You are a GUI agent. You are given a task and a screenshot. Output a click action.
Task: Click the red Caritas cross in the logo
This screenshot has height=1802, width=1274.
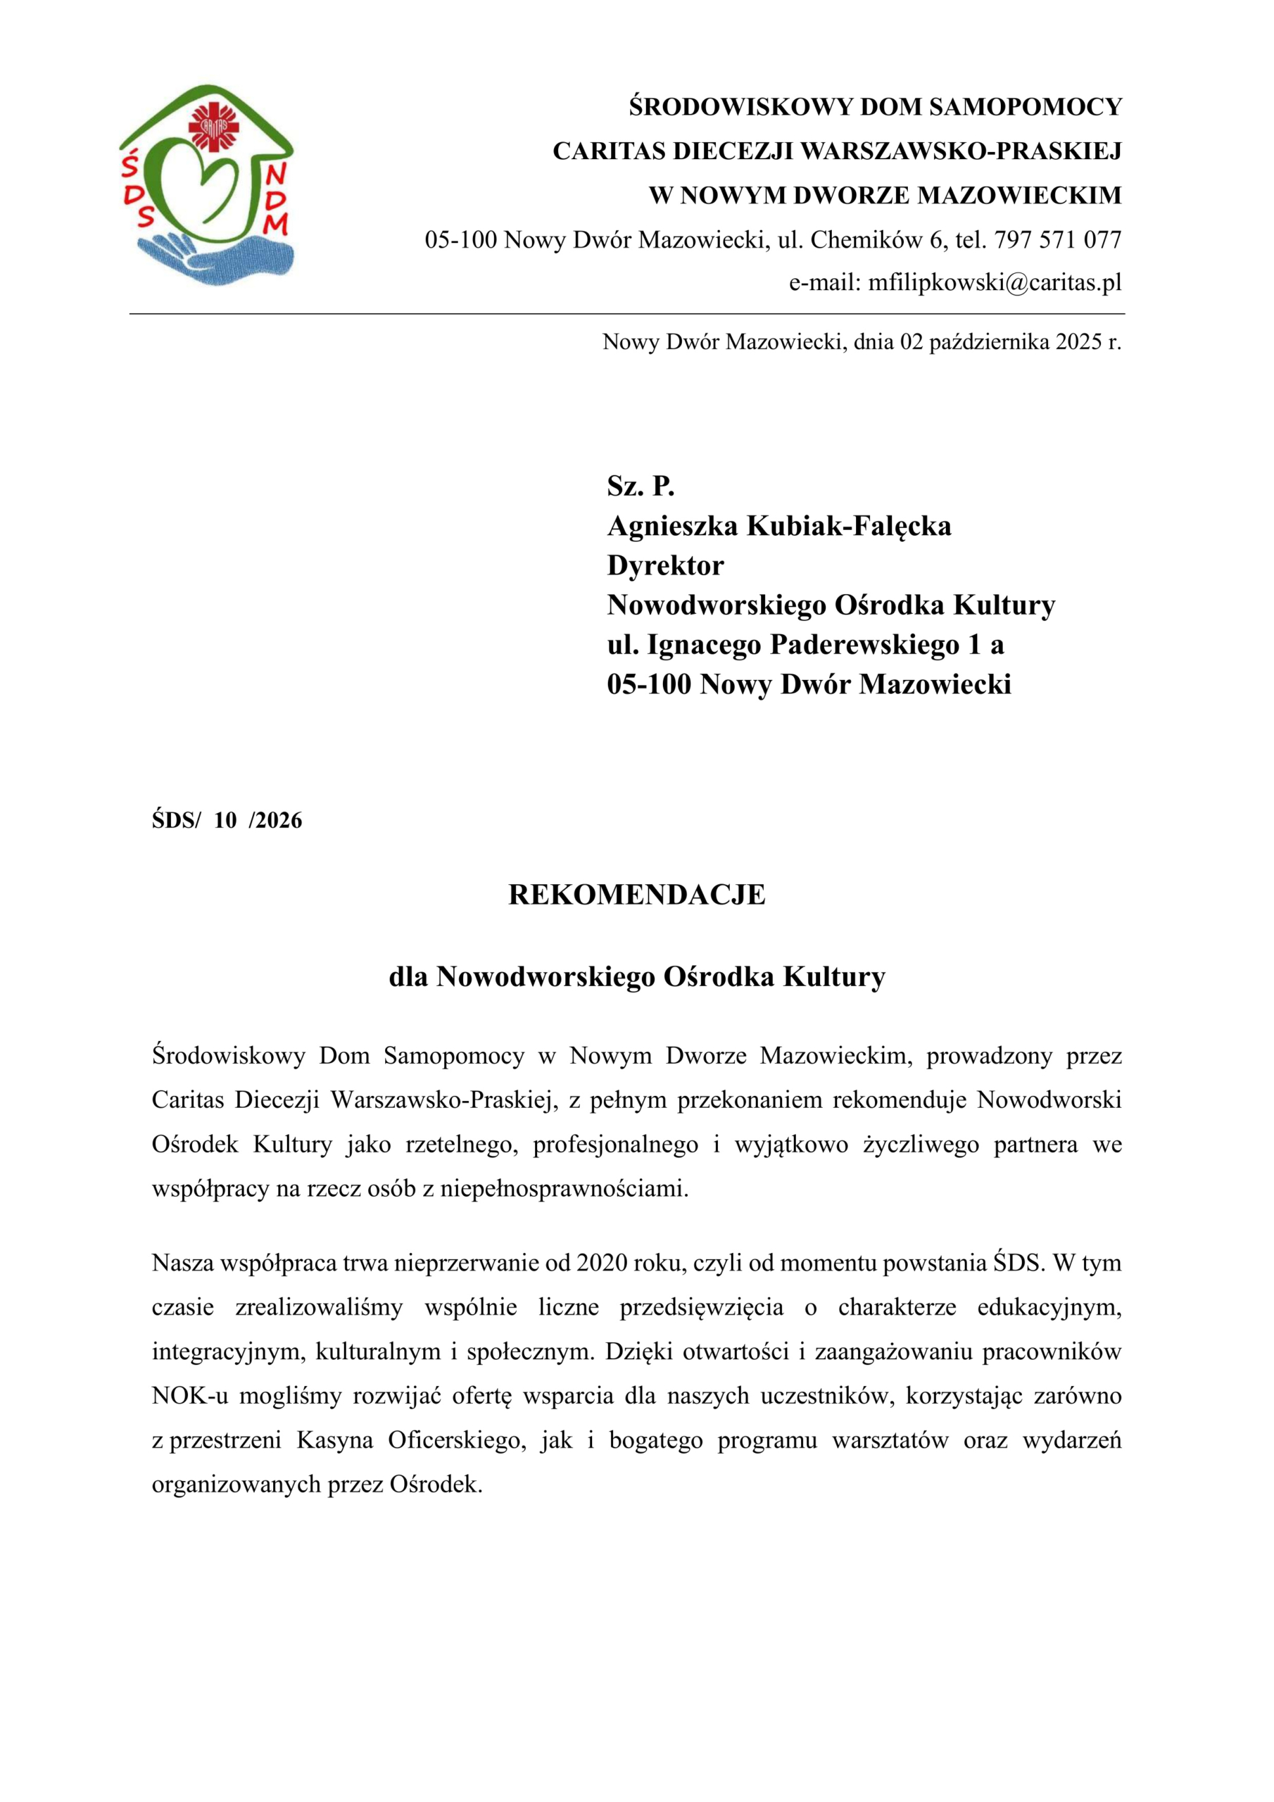point(208,125)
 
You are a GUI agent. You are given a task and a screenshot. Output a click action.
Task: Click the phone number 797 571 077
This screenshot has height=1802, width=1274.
point(1057,239)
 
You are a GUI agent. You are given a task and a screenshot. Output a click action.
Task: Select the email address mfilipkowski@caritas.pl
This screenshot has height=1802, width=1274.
point(995,282)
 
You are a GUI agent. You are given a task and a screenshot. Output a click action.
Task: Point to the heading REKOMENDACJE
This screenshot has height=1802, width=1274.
point(636,895)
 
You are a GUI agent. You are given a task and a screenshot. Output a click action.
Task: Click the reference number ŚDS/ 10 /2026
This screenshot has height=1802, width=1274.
point(227,820)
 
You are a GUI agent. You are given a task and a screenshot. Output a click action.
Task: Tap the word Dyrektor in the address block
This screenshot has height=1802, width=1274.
point(665,565)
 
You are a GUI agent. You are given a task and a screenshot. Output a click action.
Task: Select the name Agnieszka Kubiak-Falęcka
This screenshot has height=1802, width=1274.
point(778,526)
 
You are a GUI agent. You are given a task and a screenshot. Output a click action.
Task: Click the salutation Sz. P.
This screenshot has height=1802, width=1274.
point(641,486)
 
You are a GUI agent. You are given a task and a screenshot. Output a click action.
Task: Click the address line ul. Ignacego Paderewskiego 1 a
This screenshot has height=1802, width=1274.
point(805,644)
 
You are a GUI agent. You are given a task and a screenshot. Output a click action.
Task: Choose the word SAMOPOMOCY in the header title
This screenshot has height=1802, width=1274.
point(1026,107)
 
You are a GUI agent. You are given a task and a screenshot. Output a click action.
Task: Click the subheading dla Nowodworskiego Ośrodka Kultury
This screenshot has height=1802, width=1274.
point(636,976)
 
